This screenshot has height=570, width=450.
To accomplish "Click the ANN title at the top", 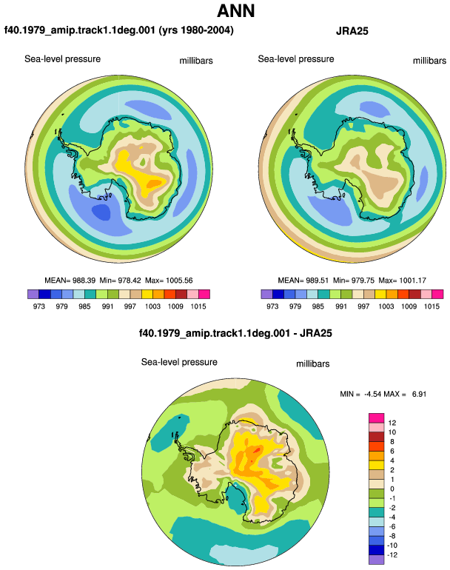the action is [235, 10].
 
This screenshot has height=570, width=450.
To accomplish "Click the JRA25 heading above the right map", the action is [352, 31].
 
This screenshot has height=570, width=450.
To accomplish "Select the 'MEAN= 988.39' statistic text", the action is [70, 281].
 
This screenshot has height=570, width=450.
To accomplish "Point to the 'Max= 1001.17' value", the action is [402, 281].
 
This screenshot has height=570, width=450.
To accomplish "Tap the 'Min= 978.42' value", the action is [120, 281].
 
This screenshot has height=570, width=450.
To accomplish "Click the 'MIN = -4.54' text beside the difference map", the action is [360, 394].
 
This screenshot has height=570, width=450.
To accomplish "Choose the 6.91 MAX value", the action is [419, 394].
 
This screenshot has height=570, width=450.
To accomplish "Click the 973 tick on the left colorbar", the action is [39, 306].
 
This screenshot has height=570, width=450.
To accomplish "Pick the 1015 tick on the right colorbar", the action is [431, 306].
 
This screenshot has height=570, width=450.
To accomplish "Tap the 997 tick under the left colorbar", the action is [130, 306].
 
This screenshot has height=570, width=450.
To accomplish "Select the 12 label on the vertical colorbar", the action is [392, 423].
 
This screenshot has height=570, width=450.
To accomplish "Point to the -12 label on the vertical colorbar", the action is [392, 555].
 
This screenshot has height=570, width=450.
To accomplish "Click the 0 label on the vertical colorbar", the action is [392, 489].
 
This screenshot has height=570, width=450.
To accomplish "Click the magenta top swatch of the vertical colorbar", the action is [376, 418].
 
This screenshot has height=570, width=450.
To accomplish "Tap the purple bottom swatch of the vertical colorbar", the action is [376, 560].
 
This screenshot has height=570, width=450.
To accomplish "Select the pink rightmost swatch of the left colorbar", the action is [204, 294].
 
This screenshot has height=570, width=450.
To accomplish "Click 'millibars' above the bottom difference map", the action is [312, 364].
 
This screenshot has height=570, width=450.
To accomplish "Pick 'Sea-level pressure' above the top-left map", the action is [62, 59].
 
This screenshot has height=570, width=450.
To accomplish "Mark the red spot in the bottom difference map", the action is [257, 451].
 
